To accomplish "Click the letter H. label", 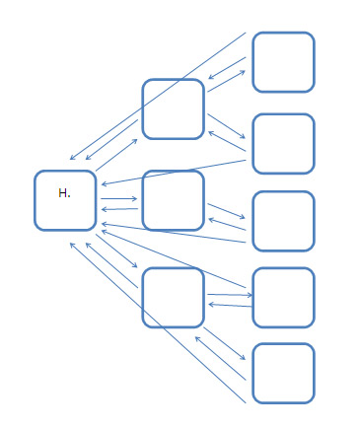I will pos(64,193).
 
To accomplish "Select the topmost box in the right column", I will pos(283,62).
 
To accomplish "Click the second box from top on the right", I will pos(283,143).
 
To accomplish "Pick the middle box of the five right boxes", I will pos(283,221).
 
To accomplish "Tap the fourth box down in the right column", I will pos(283,297).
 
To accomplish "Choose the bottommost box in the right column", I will pos(283,373).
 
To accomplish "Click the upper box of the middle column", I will pos(173,108).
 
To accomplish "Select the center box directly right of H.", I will pos(173,200).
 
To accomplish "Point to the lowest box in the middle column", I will pos(173,297).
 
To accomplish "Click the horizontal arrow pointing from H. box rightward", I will pos(118,199).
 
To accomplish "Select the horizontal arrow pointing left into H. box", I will pos(118,209).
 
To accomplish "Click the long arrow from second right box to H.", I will pos(173,170).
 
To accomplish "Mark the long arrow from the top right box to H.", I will pos(158,96).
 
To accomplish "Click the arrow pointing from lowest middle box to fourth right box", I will pos(229,295).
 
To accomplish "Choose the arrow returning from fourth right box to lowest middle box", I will pos(229,305).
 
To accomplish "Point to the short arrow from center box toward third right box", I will pos(226,211).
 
